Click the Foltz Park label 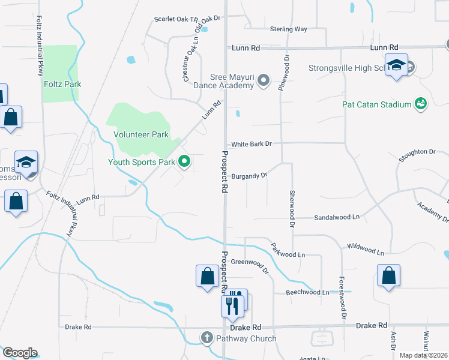pyautogui.click(x=62, y=85)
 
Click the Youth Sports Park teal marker pyautogui.click(x=185, y=161)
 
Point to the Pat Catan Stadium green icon pyautogui.click(x=421, y=104)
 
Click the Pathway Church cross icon pyautogui.click(x=206, y=338)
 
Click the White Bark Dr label pyautogui.click(x=252, y=144)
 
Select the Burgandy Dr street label pyautogui.click(x=249, y=176)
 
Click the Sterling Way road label pyautogui.click(x=288, y=29)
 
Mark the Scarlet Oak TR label pyautogui.click(x=176, y=19)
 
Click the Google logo pyautogui.click(x=20, y=353)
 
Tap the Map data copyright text pyautogui.click(x=424, y=355)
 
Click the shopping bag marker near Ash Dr pyautogui.click(x=389, y=276)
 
